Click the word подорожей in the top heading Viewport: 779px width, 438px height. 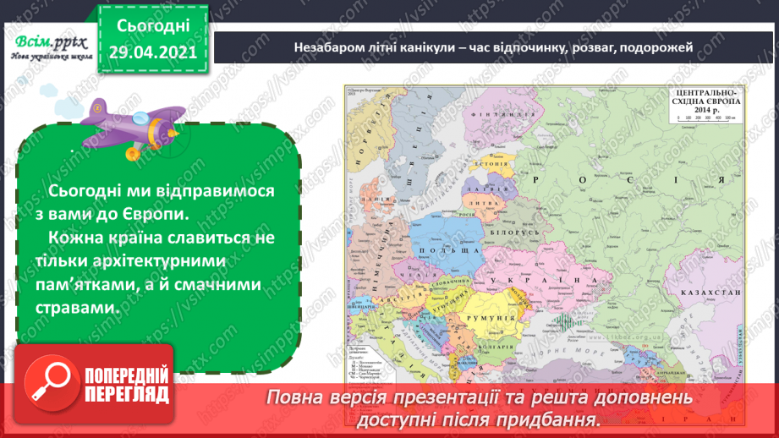pos(656,47)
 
